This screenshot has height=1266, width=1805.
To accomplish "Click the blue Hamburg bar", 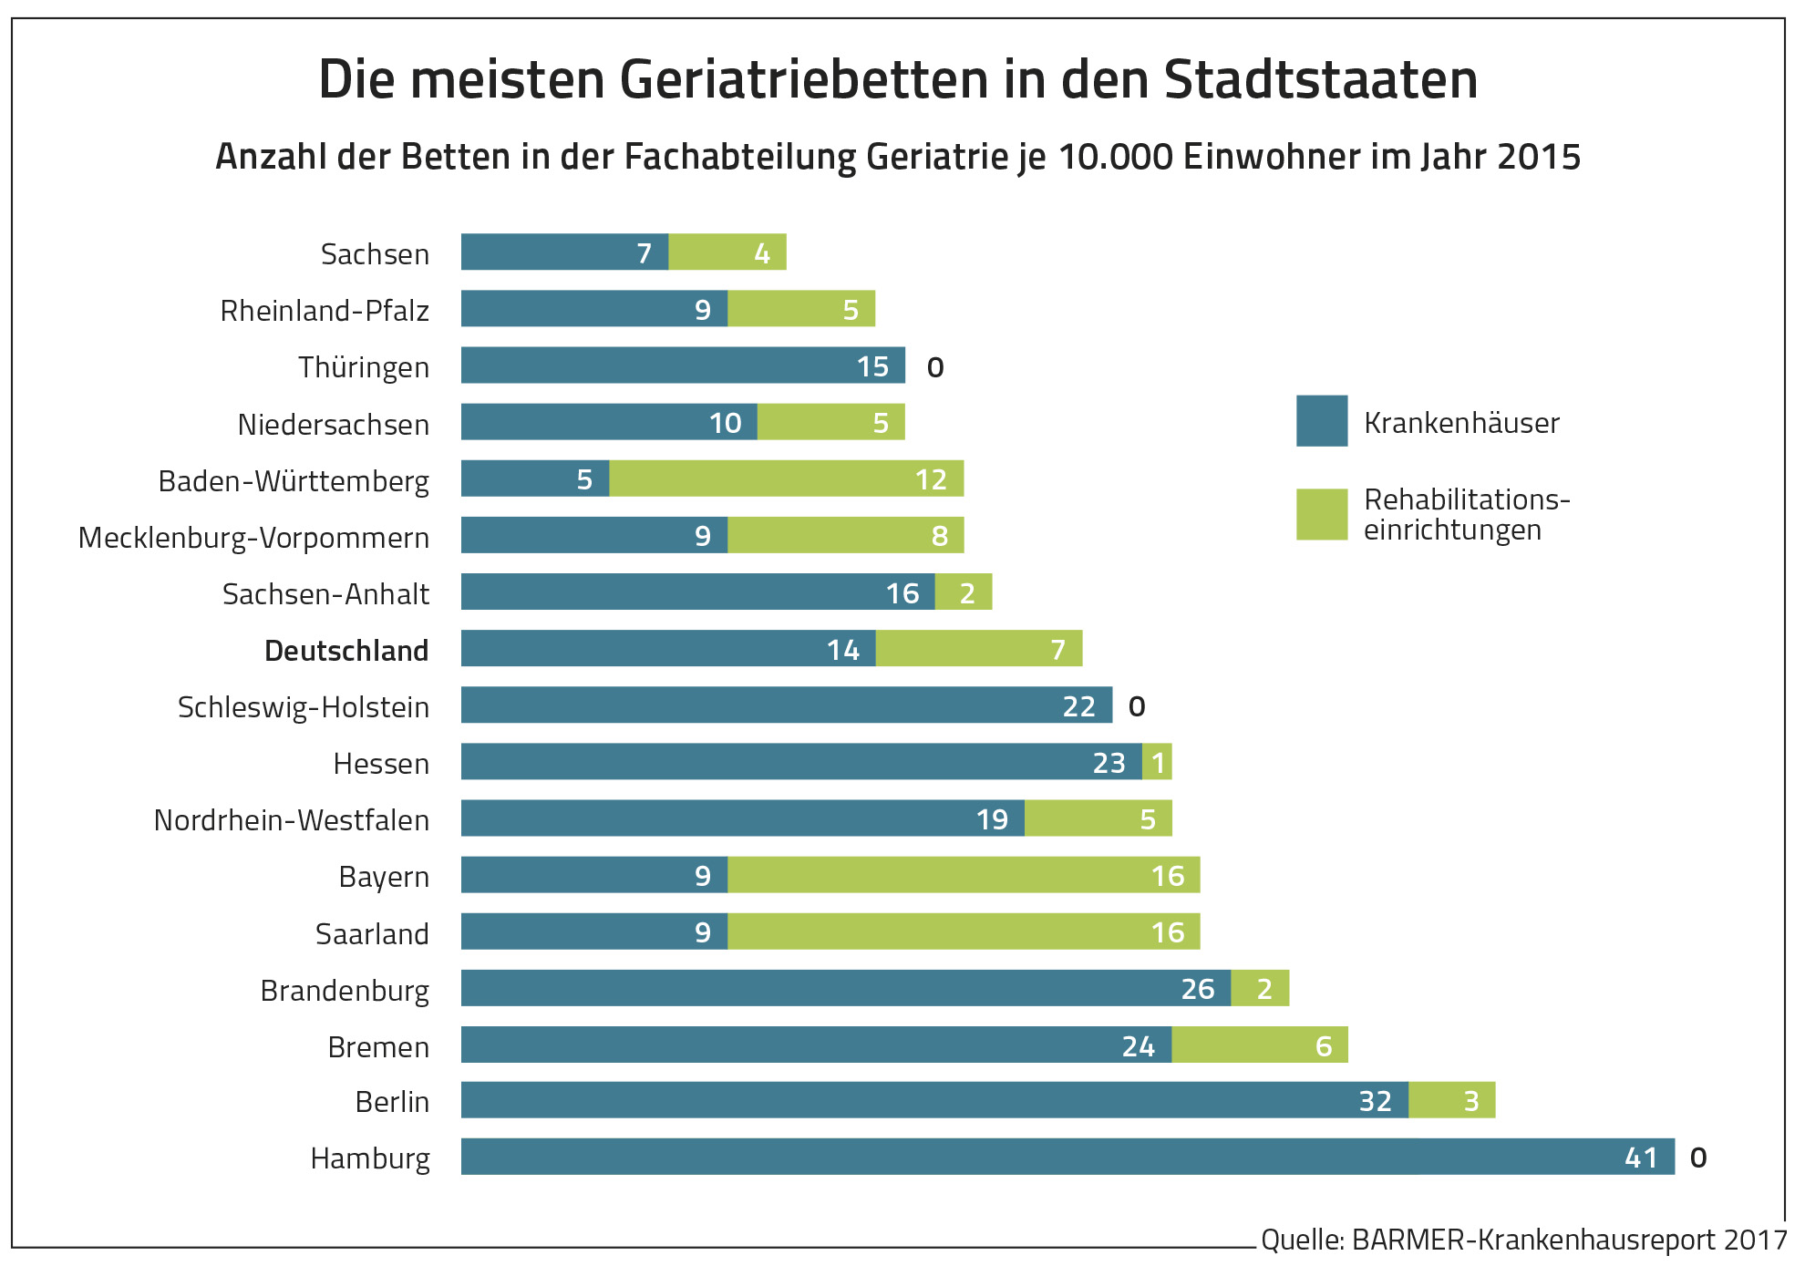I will click(1067, 1157).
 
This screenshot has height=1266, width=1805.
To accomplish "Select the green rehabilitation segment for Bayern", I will click(963, 875).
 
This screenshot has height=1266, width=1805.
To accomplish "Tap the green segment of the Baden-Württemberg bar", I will click(786, 479).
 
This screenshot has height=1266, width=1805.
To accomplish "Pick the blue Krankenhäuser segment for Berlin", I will click(933, 1100).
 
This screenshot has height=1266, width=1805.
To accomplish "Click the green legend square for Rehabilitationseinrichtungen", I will click(1321, 514).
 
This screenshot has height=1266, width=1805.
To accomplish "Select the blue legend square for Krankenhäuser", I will click(1321, 421).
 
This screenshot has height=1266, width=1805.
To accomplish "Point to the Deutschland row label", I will click(346, 651).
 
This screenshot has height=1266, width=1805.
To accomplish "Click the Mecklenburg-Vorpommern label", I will click(253, 538).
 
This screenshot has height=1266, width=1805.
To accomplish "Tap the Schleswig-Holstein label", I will click(303, 707).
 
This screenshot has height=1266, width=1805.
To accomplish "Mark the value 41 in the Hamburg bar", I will click(1641, 1158).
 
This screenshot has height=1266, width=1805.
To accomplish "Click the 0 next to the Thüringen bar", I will click(935, 367).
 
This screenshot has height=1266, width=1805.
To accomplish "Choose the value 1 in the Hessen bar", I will click(1158, 763).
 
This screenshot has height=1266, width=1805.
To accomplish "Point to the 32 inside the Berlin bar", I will click(1375, 1101).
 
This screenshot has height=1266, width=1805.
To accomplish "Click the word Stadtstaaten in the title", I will click(1320, 79).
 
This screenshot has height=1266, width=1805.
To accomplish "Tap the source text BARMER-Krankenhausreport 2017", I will click(1568, 1240).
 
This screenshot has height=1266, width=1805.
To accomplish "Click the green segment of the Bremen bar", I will click(1259, 1045).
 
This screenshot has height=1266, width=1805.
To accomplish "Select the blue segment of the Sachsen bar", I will click(563, 252).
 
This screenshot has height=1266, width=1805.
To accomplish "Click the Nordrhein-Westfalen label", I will click(291, 820).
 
